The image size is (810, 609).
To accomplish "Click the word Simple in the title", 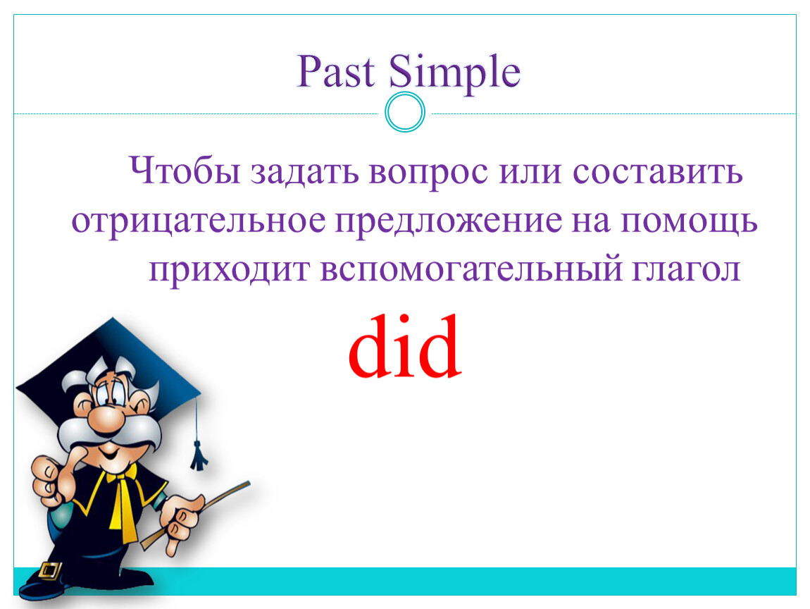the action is [454, 73].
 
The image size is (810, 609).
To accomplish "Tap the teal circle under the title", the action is [405, 112].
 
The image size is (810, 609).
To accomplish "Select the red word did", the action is [405, 346].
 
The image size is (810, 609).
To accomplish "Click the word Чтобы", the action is [185, 171].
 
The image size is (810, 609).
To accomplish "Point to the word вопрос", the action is [428, 173].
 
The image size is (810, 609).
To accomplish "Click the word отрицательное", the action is [199, 222].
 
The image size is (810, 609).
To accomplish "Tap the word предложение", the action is [449, 222].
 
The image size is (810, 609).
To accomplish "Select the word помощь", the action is [689, 222].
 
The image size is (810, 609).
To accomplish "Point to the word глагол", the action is [687, 269].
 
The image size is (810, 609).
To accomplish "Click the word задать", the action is [304, 172].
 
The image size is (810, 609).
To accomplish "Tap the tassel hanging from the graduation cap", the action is [199, 455].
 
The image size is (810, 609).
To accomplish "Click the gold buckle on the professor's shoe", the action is [49, 570].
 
